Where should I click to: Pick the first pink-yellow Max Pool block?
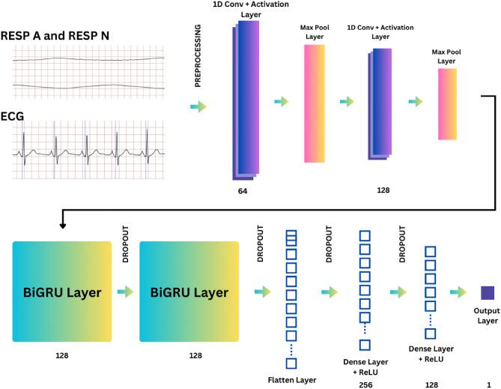click(315, 103)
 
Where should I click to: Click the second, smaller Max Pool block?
click(447, 104)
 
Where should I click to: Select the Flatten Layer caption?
click(291, 381)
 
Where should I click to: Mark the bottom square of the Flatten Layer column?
click(291, 364)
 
